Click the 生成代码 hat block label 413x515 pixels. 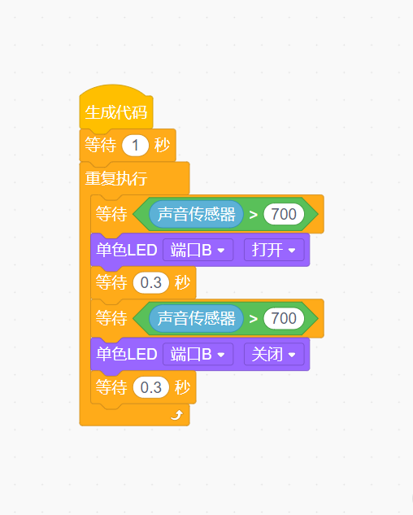[x=116, y=112]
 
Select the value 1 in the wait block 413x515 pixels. [x=135, y=145]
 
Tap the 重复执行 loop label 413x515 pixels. [x=116, y=178]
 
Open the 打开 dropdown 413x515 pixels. [x=274, y=251]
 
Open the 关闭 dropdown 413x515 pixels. [x=274, y=355]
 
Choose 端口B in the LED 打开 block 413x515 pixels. [x=198, y=251]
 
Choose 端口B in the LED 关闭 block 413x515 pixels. [x=198, y=355]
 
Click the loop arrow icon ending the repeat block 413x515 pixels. [x=177, y=415]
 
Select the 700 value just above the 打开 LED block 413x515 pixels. [x=284, y=214]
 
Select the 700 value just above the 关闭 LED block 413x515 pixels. [x=284, y=318]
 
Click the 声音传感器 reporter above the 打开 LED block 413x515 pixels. [x=196, y=214]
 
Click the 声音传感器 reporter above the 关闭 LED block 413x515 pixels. [x=196, y=318]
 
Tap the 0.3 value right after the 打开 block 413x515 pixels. [x=151, y=282]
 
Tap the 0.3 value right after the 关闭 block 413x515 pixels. [x=151, y=387]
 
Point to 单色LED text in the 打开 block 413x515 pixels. [x=126, y=251]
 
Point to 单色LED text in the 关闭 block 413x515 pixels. [x=126, y=355]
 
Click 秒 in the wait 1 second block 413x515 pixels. [x=162, y=145]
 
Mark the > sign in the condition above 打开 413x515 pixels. [x=253, y=215]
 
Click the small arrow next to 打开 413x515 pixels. [x=292, y=251]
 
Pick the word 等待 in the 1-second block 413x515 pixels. [x=101, y=145]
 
